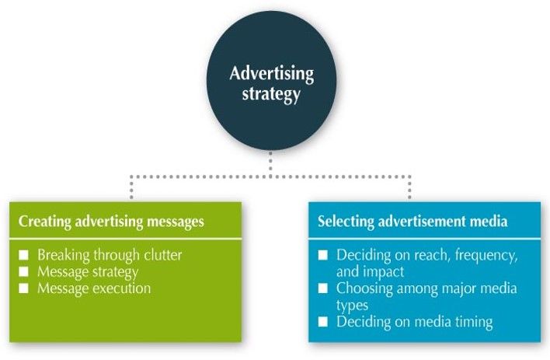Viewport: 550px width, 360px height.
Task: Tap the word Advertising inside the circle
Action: [272, 75]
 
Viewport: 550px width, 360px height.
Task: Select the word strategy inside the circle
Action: [272, 94]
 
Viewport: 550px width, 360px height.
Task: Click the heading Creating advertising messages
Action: [111, 222]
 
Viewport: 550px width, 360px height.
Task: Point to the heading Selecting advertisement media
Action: [412, 222]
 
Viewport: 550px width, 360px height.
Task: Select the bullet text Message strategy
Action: [88, 271]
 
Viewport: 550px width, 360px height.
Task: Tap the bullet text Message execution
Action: [93, 288]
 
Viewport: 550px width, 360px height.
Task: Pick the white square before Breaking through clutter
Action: [23, 254]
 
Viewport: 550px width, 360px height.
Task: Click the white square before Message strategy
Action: [23, 271]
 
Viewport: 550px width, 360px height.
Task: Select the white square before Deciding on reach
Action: [323, 255]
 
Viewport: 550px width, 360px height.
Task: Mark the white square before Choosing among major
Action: [323, 288]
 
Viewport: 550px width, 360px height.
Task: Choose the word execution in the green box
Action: [119, 288]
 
